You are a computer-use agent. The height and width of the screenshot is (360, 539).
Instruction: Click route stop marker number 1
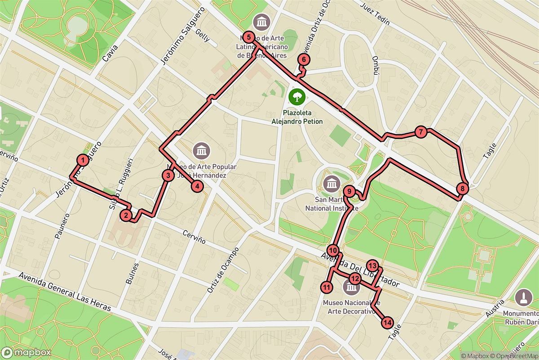83,160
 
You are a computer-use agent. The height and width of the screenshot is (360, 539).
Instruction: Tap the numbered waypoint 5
250,37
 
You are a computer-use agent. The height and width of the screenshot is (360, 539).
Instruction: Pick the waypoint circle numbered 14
388,323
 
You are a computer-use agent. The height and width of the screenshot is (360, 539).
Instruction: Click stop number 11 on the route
327,287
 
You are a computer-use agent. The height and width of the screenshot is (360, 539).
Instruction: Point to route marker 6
304,59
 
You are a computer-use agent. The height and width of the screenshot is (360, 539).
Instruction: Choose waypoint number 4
197,185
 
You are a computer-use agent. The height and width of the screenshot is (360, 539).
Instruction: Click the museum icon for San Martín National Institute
332,184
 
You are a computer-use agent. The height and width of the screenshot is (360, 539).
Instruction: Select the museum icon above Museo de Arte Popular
200,150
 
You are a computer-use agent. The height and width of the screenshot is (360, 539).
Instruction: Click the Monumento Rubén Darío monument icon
522,297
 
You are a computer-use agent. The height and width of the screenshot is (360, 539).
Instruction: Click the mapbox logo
26,352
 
